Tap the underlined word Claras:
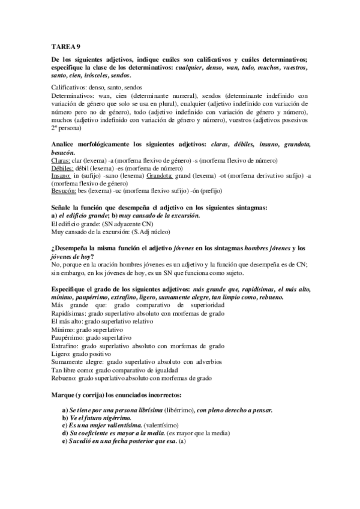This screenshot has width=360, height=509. pyautogui.click(x=61, y=161)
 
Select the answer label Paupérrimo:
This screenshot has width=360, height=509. pyautogui.click(x=70, y=337)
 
